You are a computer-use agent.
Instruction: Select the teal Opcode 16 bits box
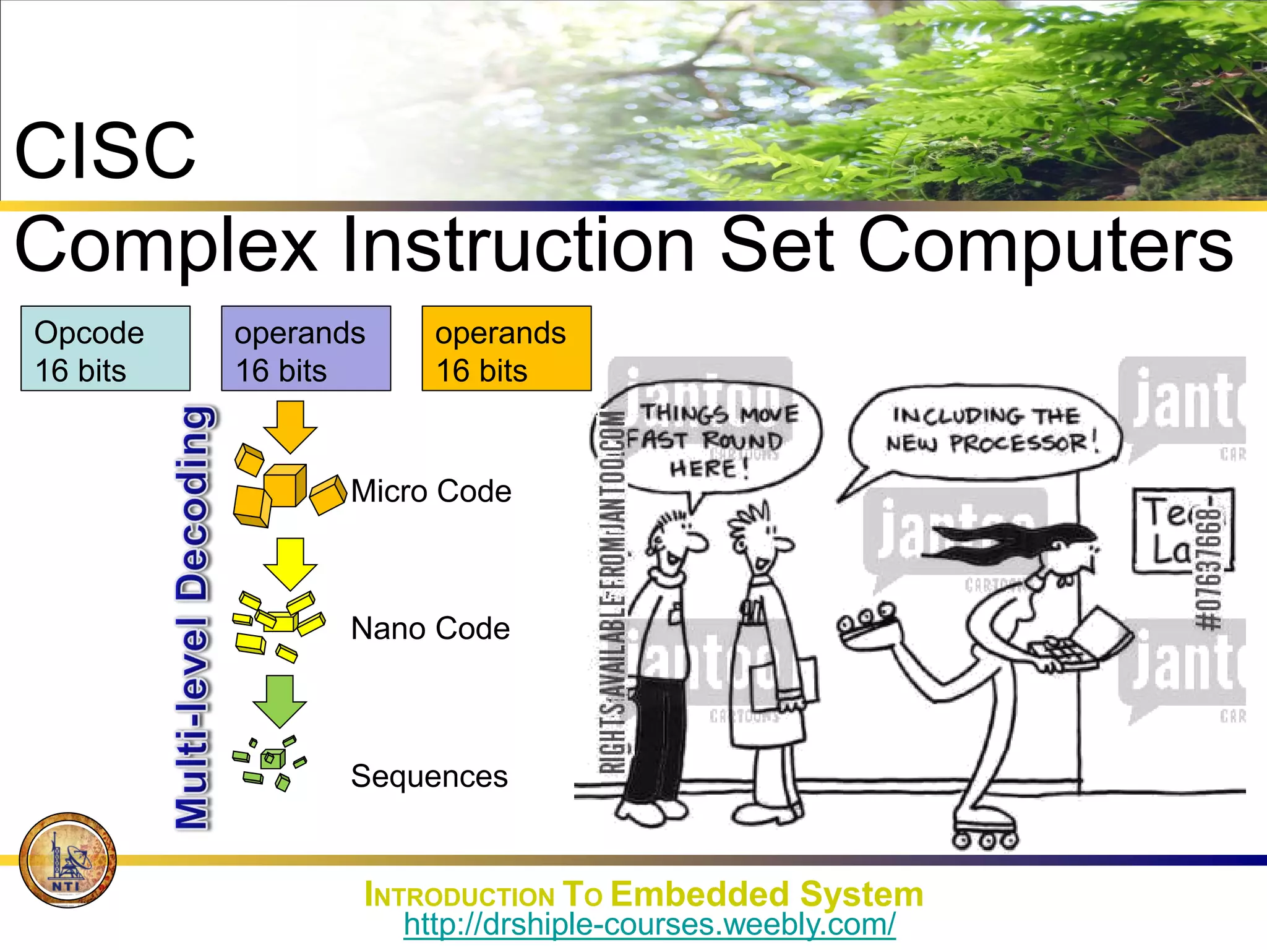[105, 349]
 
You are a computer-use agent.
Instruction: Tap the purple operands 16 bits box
[306, 349]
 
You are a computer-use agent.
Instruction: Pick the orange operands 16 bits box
[506, 349]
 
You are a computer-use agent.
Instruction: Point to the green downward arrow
[280, 701]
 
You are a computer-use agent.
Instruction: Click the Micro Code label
[431, 492]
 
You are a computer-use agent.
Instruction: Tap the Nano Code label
[431, 629]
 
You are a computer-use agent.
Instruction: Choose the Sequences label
[429, 777]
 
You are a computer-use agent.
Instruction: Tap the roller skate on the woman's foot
[985, 832]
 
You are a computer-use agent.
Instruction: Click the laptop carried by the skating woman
[1083, 643]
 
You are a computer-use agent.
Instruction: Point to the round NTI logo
[68, 860]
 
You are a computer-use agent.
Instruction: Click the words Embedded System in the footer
[767, 895]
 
